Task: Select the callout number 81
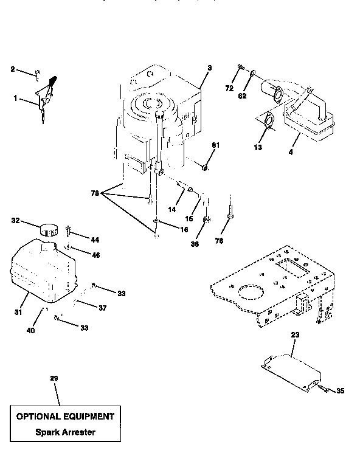[215, 145]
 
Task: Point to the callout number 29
[54, 379]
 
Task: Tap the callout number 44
[95, 240]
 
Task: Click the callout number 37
[102, 308]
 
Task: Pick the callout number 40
[31, 331]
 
